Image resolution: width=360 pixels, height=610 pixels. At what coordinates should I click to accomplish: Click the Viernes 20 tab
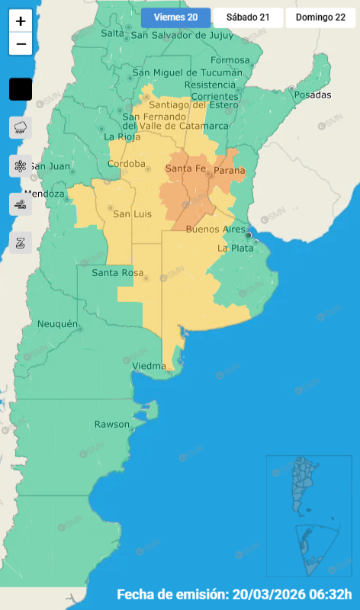[175, 18]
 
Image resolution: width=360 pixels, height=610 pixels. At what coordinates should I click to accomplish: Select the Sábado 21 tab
[248, 18]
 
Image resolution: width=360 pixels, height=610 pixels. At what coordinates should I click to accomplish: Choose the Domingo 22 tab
[320, 18]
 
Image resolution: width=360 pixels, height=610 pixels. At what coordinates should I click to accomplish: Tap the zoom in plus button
[21, 21]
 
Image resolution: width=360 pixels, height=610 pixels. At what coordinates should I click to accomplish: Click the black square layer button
[21, 89]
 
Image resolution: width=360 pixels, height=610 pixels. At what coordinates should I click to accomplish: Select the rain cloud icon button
[21, 127]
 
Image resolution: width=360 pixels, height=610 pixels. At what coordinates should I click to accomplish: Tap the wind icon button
[21, 204]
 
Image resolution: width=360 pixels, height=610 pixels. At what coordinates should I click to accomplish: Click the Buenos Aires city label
[216, 229]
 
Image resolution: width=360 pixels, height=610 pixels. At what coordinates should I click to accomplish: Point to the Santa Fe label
[185, 169]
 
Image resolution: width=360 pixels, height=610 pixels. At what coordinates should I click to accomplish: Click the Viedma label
[149, 367]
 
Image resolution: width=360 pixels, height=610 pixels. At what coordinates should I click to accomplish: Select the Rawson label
[112, 424]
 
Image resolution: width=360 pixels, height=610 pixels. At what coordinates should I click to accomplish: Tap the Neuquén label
[58, 325]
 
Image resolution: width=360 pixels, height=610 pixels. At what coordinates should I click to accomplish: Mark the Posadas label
[313, 95]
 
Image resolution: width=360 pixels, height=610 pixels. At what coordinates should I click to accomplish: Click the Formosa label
[230, 60]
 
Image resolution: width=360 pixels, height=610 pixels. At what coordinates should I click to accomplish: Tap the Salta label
[112, 33]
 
